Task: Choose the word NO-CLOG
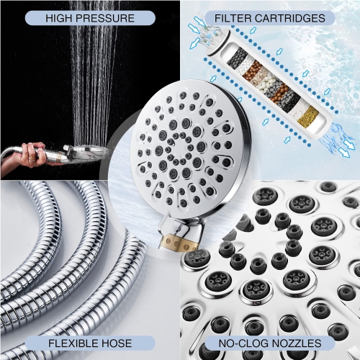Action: point(241,344)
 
